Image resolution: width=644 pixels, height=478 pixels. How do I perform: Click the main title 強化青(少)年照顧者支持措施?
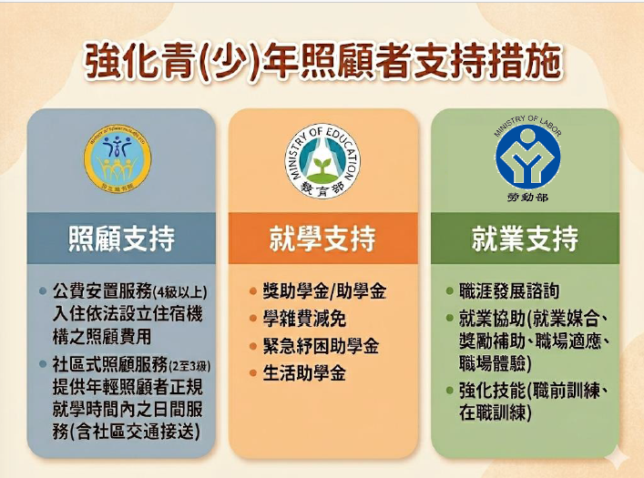(322, 60)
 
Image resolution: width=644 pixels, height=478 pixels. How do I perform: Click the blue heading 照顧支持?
(121, 239)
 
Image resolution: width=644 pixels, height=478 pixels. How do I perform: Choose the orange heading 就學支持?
(322, 239)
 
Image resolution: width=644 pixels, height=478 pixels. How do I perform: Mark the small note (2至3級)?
(188, 365)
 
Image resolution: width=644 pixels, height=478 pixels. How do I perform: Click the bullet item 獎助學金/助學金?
(324, 292)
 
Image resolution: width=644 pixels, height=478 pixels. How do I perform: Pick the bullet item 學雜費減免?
(304, 320)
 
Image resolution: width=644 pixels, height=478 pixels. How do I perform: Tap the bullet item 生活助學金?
(304, 373)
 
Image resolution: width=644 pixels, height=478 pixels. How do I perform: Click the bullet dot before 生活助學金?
(253, 373)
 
